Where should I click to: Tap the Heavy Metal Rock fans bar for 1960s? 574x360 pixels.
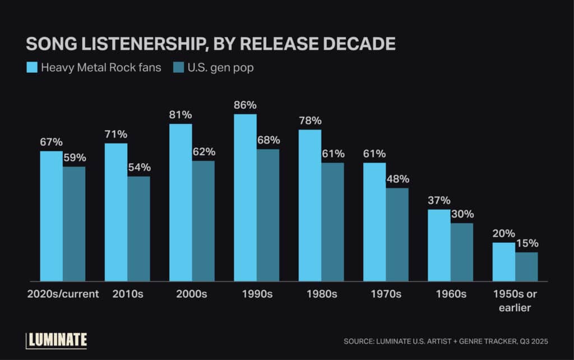[x=439, y=245]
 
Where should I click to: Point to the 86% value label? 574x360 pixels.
[x=246, y=105]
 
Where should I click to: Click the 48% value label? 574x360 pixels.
[x=398, y=179]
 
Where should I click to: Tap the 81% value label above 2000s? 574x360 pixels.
[x=180, y=114]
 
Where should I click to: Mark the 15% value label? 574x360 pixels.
[x=527, y=243]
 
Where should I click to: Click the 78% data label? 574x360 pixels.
[x=310, y=121]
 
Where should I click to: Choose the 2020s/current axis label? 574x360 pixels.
[x=63, y=294]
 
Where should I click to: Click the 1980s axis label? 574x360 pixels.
[x=322, y=294]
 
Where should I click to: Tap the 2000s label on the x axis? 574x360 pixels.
[x=192, y=294]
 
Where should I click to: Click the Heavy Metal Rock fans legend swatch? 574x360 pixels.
[x=32, y=68]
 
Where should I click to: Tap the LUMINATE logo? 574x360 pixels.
[x=57, y=339]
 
